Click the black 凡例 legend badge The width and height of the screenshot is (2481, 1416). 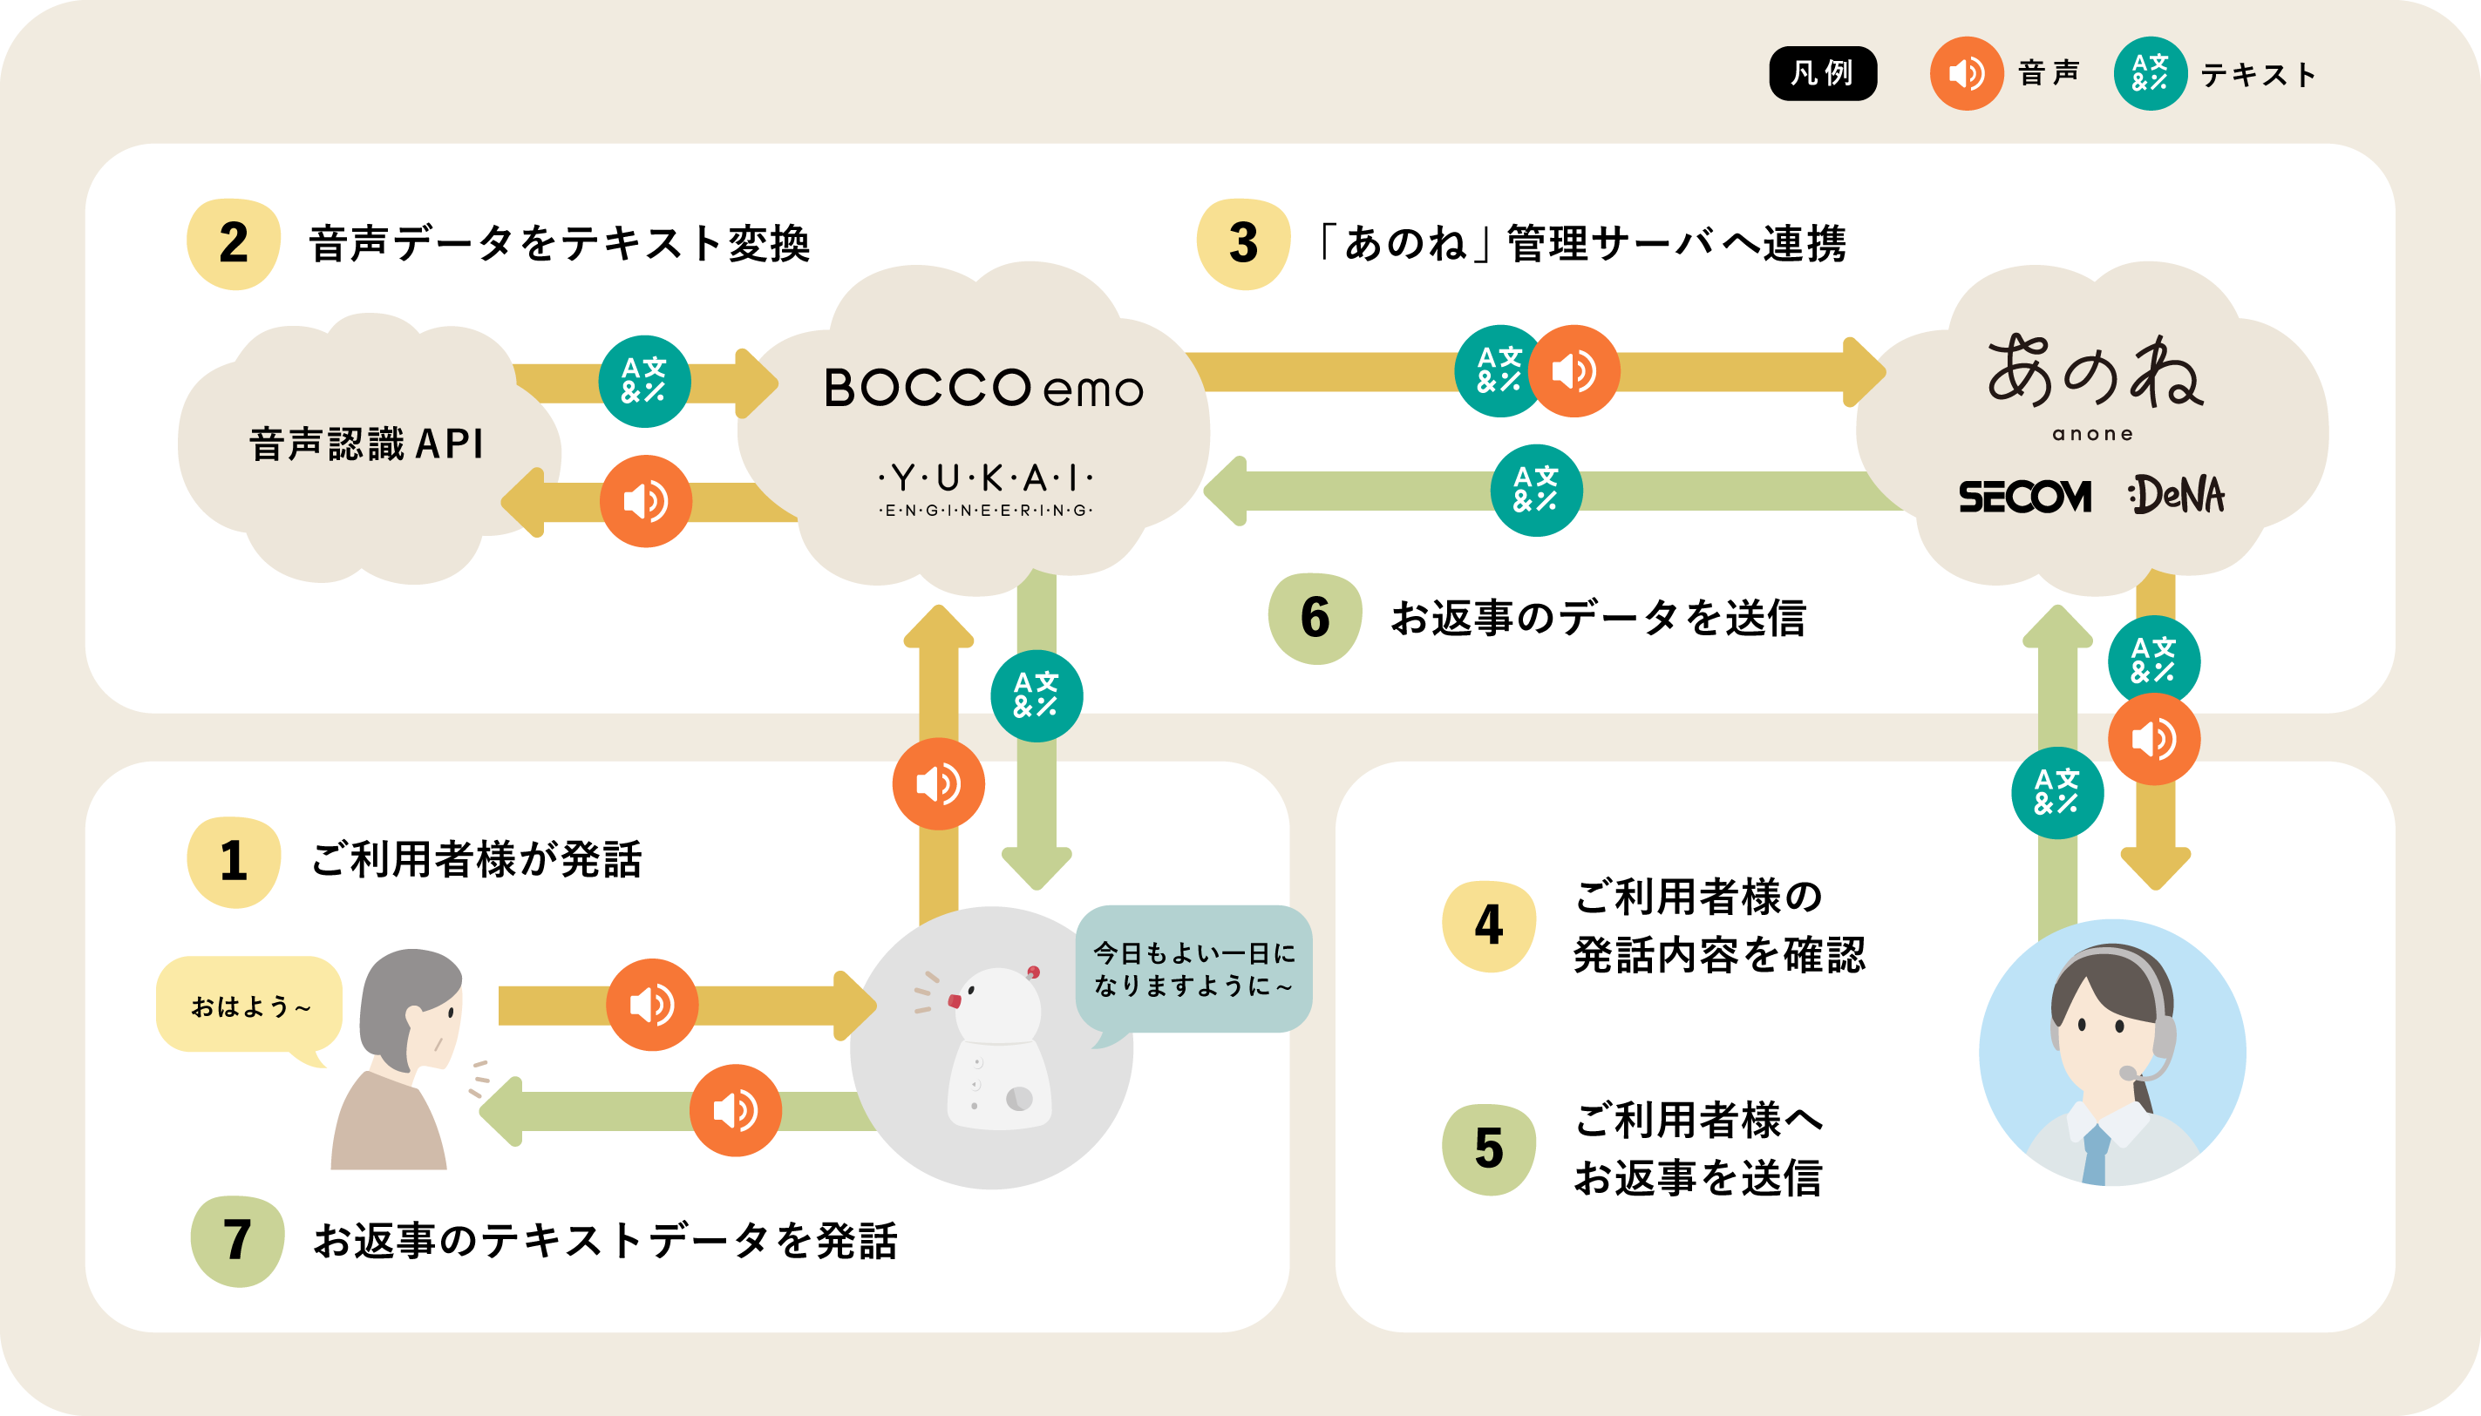[1822, 73]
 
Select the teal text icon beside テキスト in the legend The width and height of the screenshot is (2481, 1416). [2149, 73]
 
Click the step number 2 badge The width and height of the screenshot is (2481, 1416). [234, 243]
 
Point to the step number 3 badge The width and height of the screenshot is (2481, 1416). [1243, 243]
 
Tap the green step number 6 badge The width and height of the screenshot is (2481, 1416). [1315, 618]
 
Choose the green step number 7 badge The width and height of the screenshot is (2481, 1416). [237, 1240]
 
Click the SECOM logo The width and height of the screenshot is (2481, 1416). [2025, 496]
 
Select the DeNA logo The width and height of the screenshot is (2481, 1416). [2178, 495]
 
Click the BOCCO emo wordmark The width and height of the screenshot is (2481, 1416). [982, 388]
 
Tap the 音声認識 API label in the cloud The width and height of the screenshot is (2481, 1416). [367, 444]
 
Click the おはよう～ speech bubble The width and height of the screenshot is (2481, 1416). [249, 1006]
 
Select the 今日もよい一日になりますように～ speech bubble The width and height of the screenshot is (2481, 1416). [1193, 969]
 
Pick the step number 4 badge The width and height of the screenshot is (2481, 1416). [1489, 925]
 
